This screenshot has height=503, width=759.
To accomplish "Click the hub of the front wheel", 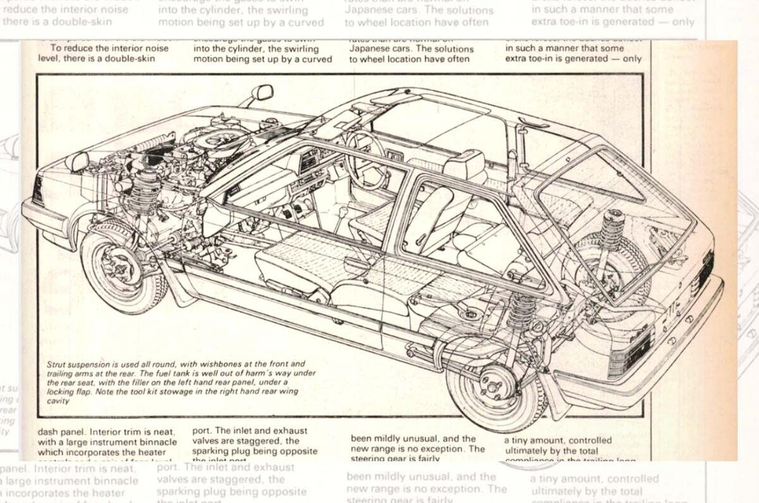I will point(118,267).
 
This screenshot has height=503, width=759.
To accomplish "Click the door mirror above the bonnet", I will point(262,93).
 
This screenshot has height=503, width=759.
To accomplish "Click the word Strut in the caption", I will point(58,364).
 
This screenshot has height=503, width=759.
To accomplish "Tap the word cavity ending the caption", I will point(58,401).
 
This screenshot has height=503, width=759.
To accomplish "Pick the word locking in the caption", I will point(60,392).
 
